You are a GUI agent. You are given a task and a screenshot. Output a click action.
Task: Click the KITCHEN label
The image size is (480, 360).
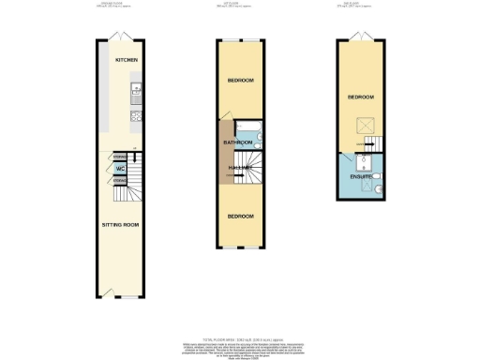pyautogui.click(x=127, y=60)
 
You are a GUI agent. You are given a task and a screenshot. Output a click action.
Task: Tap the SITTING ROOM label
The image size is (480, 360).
pyautogui.click(x=120, y=225)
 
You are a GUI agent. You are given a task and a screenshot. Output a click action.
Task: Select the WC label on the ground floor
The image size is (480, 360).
pyautogui.click(x=120, y=169)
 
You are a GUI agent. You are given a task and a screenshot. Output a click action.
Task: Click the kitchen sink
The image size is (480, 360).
pyautogui.click(x=136, y=90)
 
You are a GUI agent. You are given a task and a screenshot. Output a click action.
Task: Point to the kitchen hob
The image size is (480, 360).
pyautogui.click(x=136, y=117)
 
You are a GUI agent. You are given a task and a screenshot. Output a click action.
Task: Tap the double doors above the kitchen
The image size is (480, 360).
pyautogui.click(x=119, y=36)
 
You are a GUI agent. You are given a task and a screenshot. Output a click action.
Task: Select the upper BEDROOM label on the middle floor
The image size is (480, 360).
pyautogui.click(x=241, y=81)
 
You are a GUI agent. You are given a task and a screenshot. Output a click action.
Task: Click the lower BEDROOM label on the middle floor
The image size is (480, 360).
pyautogui.click(x=241, y=217)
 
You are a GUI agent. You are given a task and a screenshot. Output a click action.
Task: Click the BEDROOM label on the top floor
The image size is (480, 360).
pyautogui.click(x=361, y=97)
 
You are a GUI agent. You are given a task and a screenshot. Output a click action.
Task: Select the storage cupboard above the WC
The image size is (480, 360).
pyautogui.click(x=120, y=157)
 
